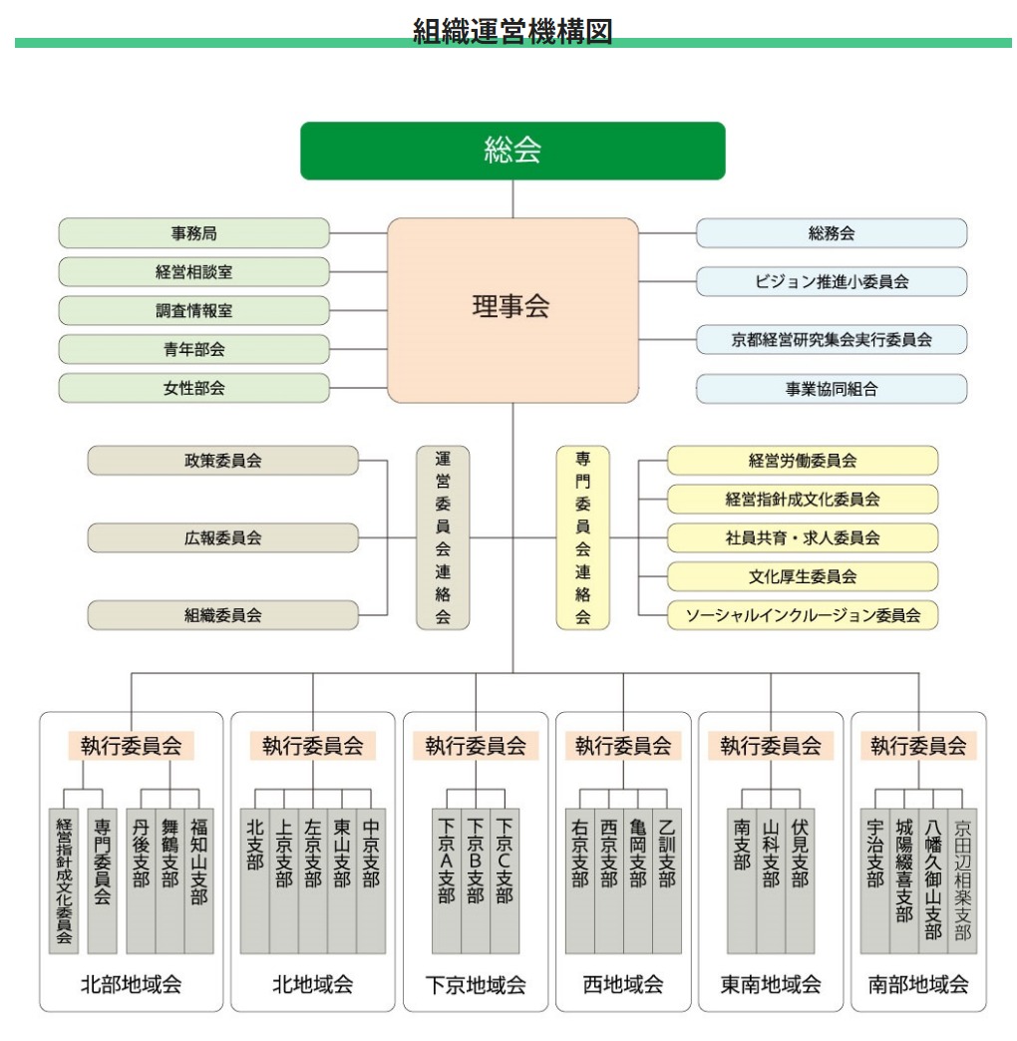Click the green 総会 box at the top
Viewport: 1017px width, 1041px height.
point(512,151)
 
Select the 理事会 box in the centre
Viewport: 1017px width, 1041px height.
point(512,310)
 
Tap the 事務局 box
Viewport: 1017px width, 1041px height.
point(193,233)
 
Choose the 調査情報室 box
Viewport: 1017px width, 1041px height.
point(193,311)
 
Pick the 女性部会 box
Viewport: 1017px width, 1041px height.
point(193,388)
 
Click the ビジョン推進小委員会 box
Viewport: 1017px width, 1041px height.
point(832,281)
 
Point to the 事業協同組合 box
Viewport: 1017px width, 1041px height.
point(832,389)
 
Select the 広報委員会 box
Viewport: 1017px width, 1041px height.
point(223,537)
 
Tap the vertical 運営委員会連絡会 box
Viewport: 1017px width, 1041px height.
point(443,537)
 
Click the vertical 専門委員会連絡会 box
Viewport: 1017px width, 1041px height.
point(583,537)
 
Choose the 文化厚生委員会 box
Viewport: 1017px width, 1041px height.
point(803,576)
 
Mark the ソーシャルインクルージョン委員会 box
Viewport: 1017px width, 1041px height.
point(803,615)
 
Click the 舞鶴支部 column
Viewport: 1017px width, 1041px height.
point(169,881)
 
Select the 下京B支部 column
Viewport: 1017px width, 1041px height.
point(476,881)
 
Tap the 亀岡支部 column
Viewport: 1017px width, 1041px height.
point(638,881)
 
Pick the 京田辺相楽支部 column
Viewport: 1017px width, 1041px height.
point(962,881)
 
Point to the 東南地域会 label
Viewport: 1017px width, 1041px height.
point(771,984)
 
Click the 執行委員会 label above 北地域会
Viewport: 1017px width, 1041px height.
point(313,746)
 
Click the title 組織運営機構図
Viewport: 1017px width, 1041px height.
point(512,31)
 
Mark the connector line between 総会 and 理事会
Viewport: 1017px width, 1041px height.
point(512,198)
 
